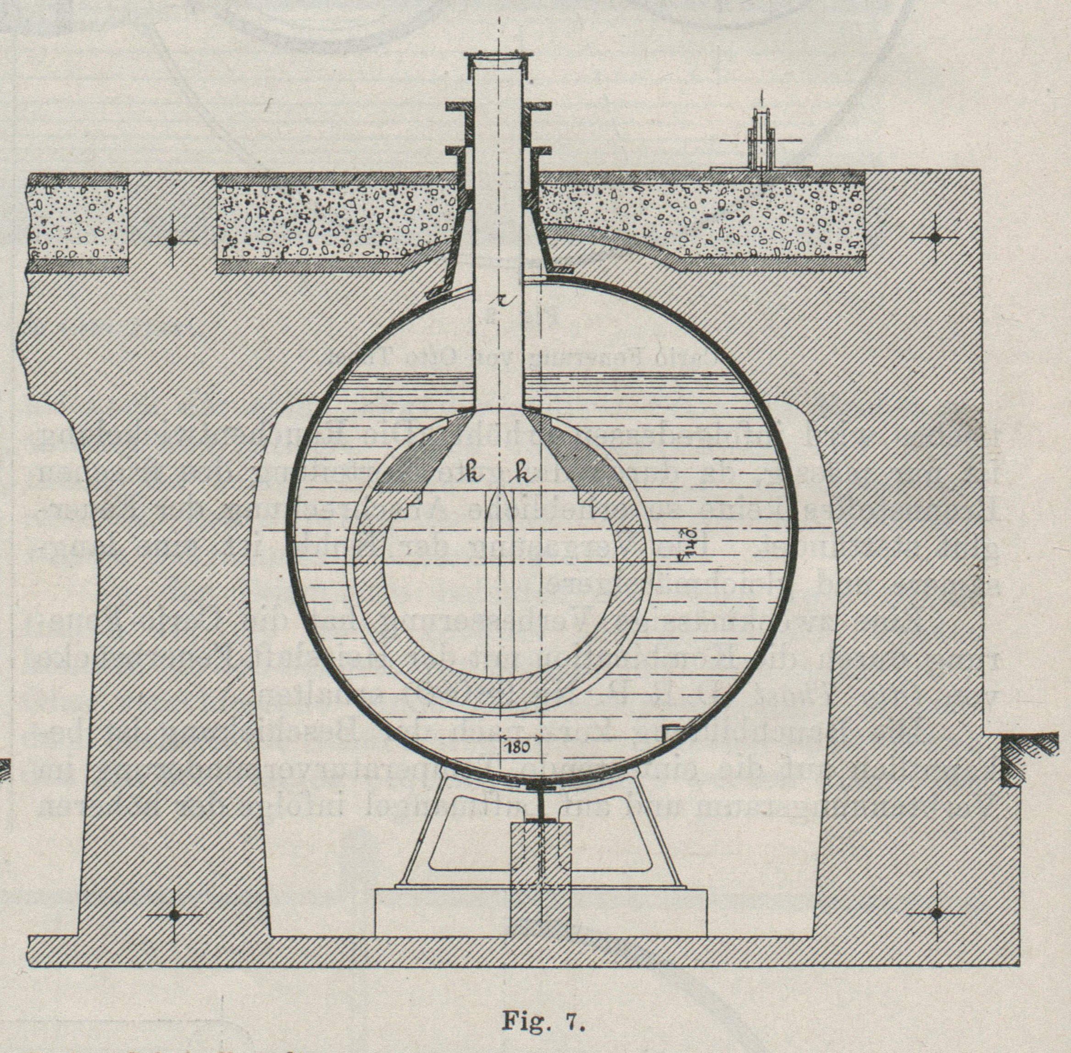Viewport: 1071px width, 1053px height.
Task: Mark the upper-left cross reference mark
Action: [172, 241]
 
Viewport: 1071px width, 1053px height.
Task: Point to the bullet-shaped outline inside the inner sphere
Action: [499, 553]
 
